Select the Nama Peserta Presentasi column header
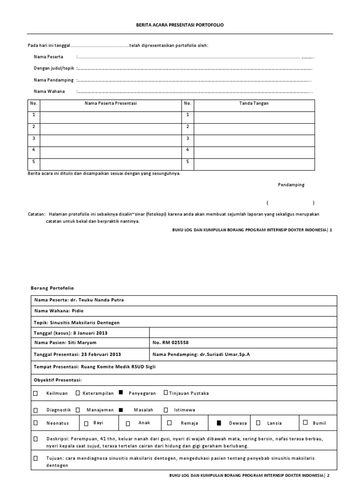pyautogui.click(x=110, y=103)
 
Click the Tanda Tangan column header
pyautogui.click(x=254, y=103)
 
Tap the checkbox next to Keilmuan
pyautogui.click(x=36, y=393)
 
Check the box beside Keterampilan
pyautogui.click(x=78, y=393)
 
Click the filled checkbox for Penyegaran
pyautogui.click(x=120, y=393)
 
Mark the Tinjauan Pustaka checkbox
pyautogui.click(x=165, y=393)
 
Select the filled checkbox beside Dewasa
pyautogui.click(x=218, y=423)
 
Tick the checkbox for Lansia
pyautogui.click(x=258, y=423)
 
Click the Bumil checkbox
pyautogui.click(x=305, y=422)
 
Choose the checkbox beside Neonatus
pyautogui.click(x=36, y=423)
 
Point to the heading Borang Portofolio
pyautogui.click(x=52, y=288)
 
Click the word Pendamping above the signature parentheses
pyautogui.click(x=291, y=185)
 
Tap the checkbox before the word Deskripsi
pyautogui.click(x=36, y=439)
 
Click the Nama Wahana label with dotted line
pyautogui.click(x=49, y=91)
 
